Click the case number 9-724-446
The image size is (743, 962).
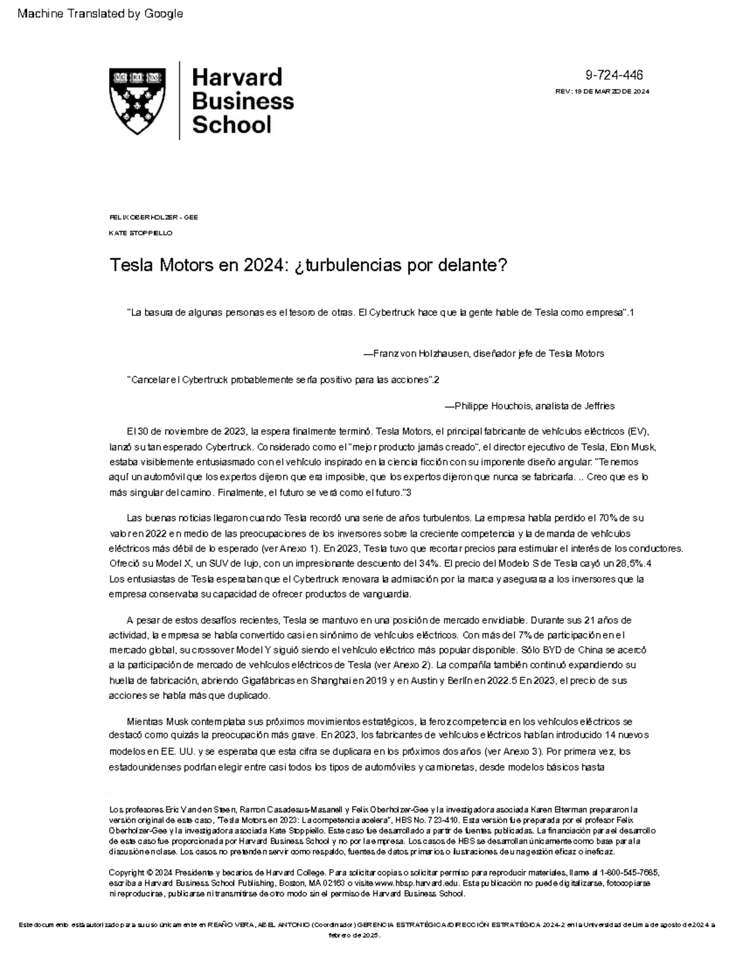point(614,76)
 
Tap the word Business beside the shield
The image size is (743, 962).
point(243,100)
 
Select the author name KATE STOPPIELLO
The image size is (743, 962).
point(141,233)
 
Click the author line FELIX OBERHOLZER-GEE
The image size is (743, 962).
point(153,217)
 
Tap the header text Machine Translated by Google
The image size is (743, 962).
point(100,14)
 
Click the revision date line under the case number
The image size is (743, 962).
point(602,92)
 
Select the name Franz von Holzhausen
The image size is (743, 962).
point(420,354)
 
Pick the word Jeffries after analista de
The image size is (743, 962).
point(598,406)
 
